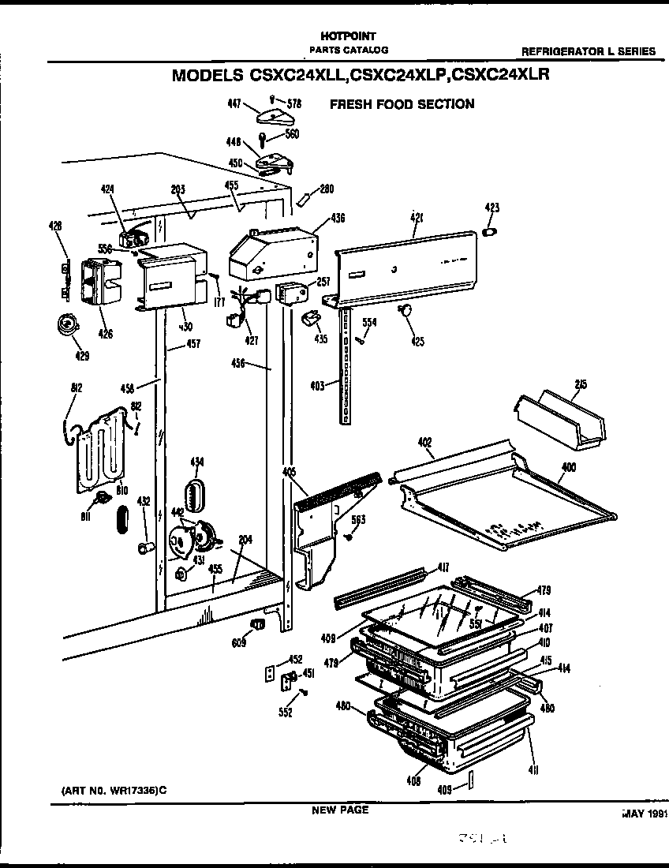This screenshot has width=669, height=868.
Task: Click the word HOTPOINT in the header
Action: click(x=348, y=36)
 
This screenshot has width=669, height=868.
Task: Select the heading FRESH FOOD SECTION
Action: click(x=402, y=104)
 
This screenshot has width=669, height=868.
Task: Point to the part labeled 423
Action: click(x=490, y=232)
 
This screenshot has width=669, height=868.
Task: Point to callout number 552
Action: click(x=285, y=713)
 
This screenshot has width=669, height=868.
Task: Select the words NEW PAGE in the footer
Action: click(x=339, y=810)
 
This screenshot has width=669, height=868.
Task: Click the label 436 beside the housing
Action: click(x=338, y=218)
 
